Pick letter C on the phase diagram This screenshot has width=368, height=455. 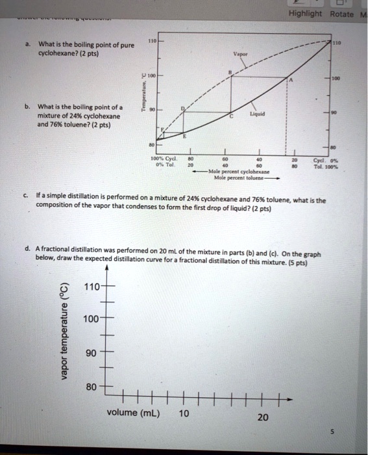click(x=230, y=115)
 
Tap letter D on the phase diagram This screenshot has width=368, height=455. click(x=183, y=107)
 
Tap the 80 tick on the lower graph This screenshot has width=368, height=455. click(x=92, y=387)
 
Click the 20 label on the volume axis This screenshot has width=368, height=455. click(x=262, y=417)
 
